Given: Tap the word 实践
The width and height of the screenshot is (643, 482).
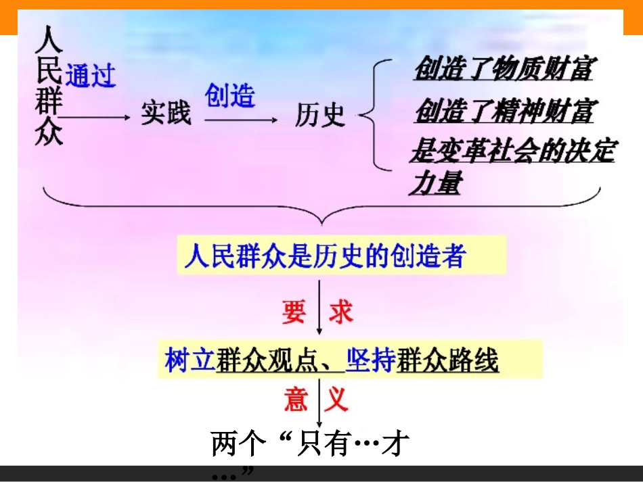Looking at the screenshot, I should (x=167, y=114).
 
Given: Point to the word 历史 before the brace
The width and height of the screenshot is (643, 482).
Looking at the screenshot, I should (x=320, y=116).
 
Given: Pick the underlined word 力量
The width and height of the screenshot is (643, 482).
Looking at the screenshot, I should (x=435, y=184).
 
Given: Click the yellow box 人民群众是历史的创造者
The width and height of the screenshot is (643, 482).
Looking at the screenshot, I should (x=341, y=256).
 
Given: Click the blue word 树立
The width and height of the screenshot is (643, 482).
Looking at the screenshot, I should (x=189, y=360).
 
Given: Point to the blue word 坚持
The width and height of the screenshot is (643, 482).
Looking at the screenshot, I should (x=370, y=360).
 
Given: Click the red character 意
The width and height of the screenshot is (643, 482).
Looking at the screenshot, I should (x=296, y=400).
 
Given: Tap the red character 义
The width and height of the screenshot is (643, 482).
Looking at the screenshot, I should (x=336, y=400).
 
